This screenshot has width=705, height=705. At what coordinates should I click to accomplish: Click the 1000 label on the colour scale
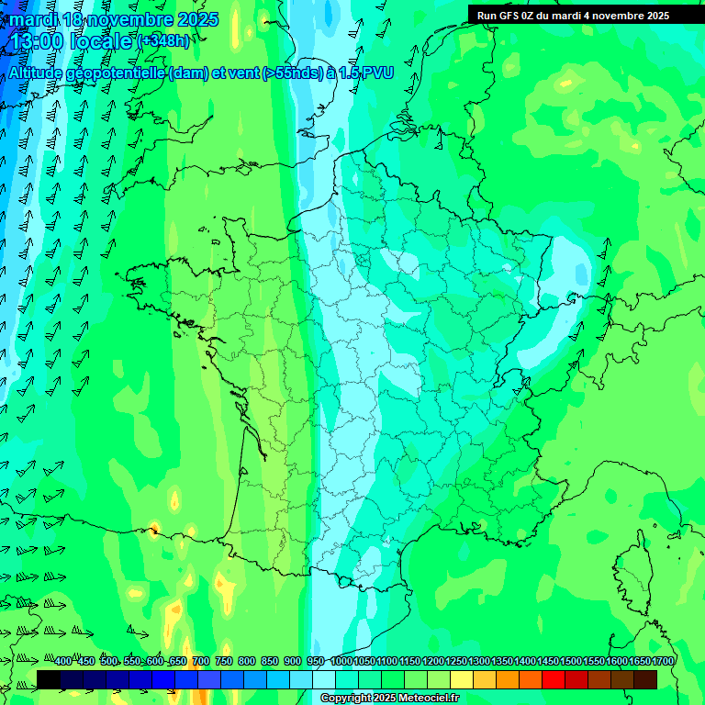[x=341, y=661]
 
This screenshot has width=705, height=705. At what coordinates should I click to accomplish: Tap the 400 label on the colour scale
[x=63, y=661]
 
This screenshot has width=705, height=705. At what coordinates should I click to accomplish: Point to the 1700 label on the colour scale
[x=663, y=661]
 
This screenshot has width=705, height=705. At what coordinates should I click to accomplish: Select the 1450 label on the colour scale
[x=548, y=661]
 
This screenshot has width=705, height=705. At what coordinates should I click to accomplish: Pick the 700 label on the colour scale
[x=200, y=661]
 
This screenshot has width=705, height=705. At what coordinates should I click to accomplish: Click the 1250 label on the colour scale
[x=456, y=661]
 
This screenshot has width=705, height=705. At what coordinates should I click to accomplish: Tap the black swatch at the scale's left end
[x=49, y=679]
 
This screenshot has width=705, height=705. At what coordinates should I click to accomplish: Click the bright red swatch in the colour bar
[x=554, y=679]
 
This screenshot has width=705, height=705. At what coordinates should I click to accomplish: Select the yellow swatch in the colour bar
[x=462, y=679]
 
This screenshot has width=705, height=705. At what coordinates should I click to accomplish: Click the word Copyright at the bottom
[x=345, y=699]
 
